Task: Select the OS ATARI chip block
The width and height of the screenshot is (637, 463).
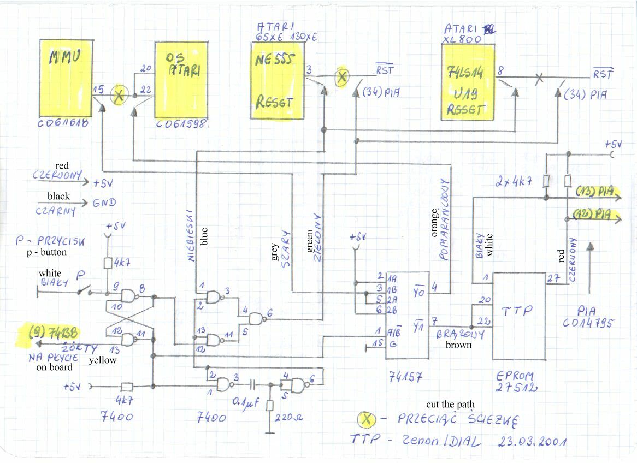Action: click(x=181, y=79)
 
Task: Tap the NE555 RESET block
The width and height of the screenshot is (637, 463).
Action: click(x=277, y=80)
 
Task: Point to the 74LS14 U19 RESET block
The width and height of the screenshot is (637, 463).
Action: click(x=468, y=82)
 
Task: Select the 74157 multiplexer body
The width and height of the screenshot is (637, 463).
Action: click(x=407, y=315)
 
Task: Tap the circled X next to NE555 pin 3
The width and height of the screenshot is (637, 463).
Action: click(x=341, y=77)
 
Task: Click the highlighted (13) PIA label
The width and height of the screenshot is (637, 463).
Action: click(x=595, y=192)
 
